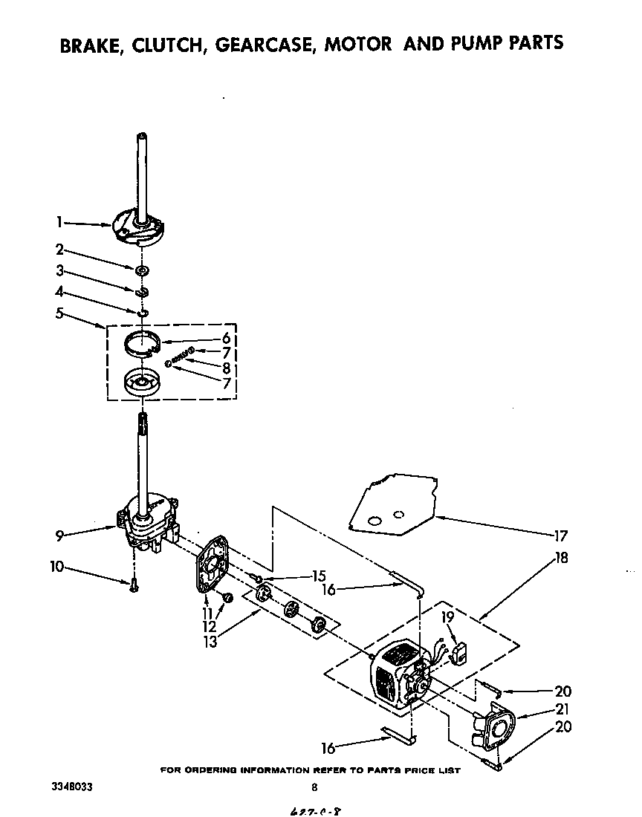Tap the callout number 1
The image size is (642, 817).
point(59,221)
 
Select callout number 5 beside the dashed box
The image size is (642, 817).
point(59,313)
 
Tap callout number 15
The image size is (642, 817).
point(319,576)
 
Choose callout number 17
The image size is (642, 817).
point(560,535)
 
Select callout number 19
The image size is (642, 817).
point(448,616)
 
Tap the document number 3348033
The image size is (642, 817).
point(72,787)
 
